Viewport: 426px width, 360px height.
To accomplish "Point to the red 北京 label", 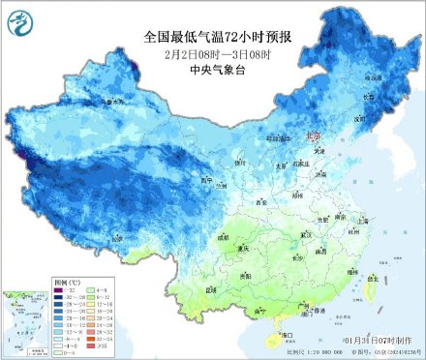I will (312, 138).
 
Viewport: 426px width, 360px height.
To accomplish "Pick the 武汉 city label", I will (309, 234).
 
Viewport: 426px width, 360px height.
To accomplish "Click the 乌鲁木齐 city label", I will (114, 101).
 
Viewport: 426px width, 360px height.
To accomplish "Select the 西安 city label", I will (259, 201).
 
